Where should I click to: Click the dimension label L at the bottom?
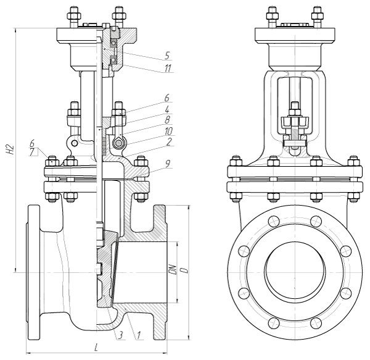click(x=96, y=348)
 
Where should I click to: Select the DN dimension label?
click(x=174, y=270)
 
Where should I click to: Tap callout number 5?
click(x=167, y=56)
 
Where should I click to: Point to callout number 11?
click(x=168, y=69)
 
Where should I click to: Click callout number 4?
click(x=167, y=110)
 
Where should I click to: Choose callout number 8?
click(x=167, y=120)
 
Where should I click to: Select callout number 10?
click(x=168, y=132)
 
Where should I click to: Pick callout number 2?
click(x=169, y=142)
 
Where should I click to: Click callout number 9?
click(x=168, y=164)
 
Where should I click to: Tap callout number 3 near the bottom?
click(x=121, y=335)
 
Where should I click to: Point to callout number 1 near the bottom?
click(x=139, y=335)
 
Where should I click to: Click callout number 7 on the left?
click(x=32, y=152)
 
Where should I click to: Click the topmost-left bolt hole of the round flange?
click(x=273, y=221)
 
